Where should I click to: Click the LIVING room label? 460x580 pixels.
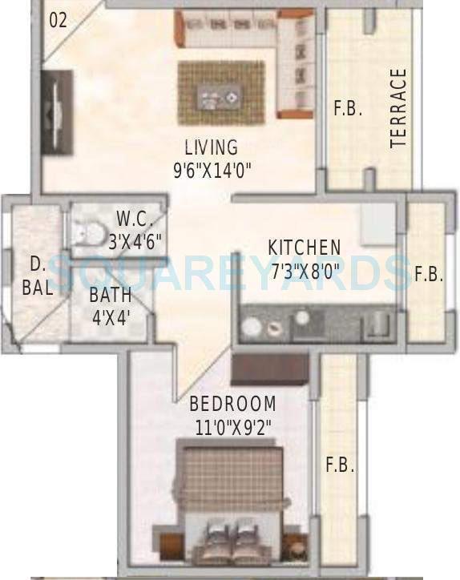click(211, 147)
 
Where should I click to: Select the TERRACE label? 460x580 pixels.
click(398, 108)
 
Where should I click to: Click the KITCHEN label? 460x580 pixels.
click(304, 248)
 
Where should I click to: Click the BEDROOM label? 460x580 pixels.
click(232, 404)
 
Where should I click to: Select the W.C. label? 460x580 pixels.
click(130, 218)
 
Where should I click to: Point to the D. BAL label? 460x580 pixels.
click(38, 276)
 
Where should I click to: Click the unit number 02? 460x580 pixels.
click(58, 21)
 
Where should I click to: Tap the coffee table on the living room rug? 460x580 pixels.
click(219, 98)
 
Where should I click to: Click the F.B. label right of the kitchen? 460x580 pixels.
click(429, 275)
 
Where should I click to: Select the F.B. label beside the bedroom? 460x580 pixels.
click(339, 465)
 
